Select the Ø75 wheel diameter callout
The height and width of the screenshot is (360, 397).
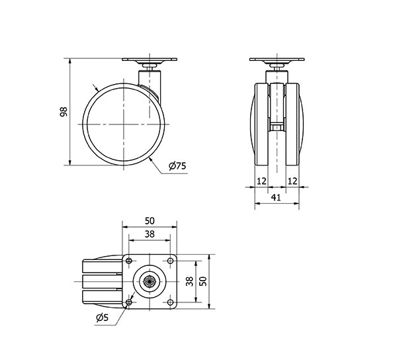coord(176,167)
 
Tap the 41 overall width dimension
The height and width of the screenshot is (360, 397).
coord(276,197)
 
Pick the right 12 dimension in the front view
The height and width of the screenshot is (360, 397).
coord(292,181)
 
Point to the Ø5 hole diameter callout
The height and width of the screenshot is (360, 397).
coord(102,318)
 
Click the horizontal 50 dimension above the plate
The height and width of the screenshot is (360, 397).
coord(150,221)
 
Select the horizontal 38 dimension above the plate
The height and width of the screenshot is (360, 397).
coord(150,234)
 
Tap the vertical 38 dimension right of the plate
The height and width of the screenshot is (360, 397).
coord(189,282)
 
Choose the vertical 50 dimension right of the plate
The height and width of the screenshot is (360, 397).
coord(204,282)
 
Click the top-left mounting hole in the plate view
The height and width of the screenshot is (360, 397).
coord(129,261)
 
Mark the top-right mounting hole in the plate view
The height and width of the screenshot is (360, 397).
coord(171,261)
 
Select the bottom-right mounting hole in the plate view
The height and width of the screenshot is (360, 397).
coord(171,303)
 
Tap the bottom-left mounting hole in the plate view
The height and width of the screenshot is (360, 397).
coord(129,303)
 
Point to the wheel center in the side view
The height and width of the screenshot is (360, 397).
coord(123,124)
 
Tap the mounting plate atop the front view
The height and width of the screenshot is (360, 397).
coord(276,61)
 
